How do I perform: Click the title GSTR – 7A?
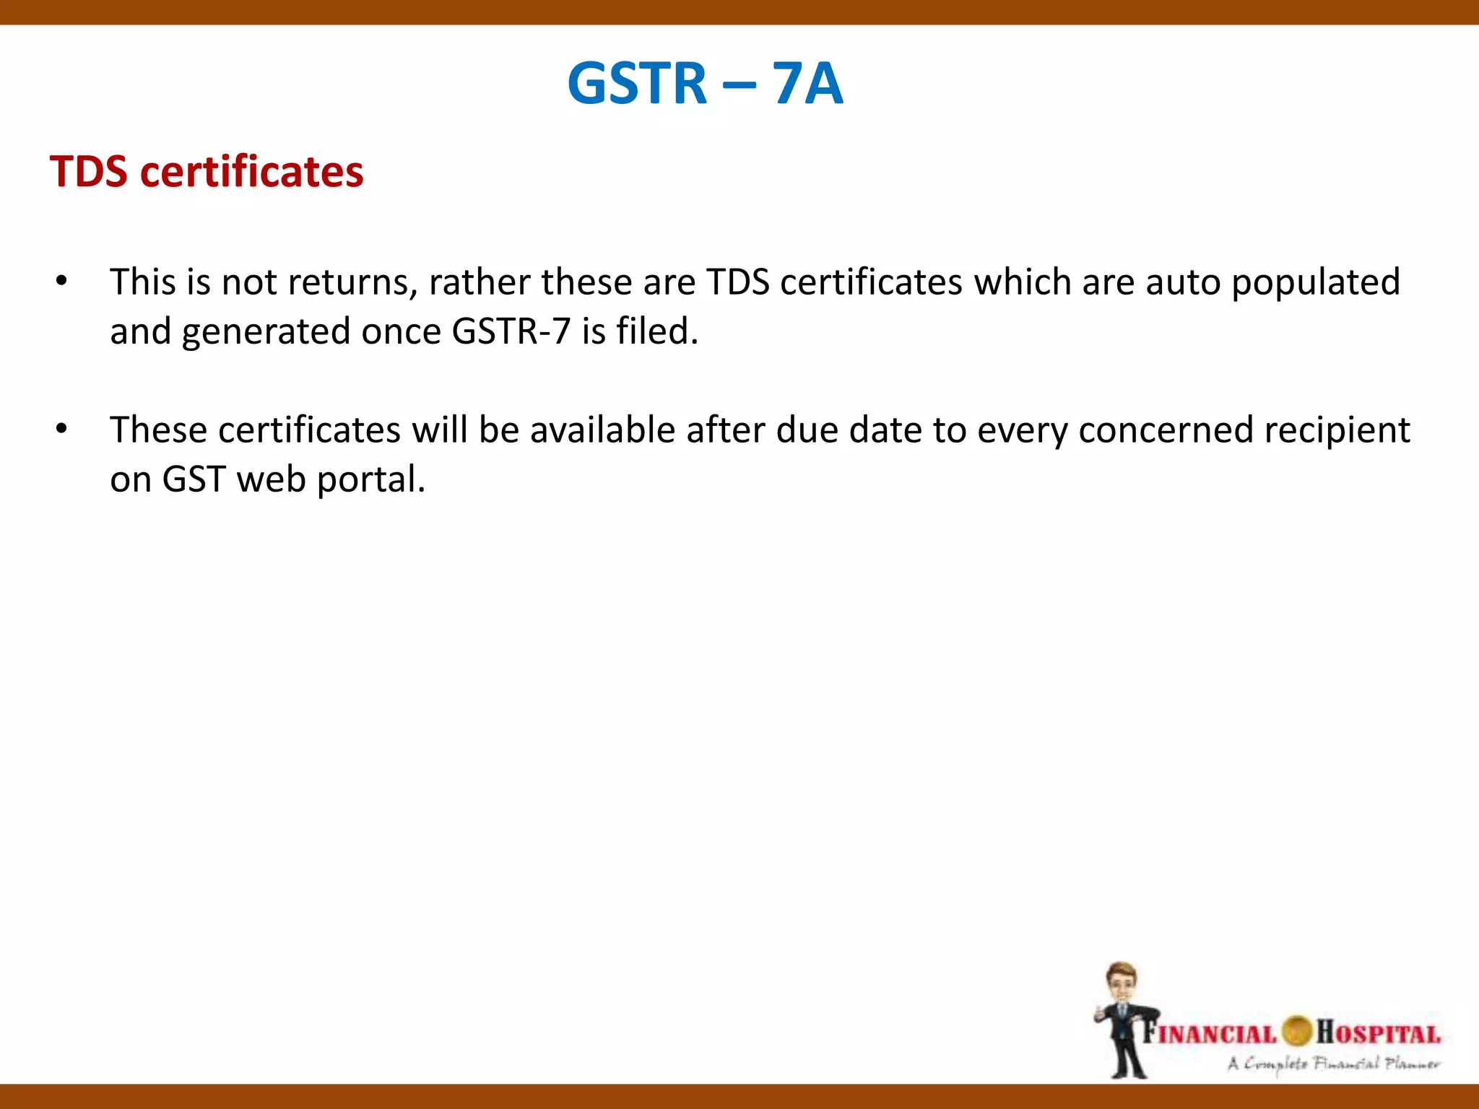[705, 84]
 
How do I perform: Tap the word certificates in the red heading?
[251, 172]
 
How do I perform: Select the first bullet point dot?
[61, 281]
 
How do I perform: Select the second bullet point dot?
[61, 429]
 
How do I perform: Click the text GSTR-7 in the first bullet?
[511, 332]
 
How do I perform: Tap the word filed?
[656, 331]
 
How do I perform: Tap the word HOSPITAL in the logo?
[1378, 1033]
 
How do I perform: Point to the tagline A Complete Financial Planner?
[1333, 1064]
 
